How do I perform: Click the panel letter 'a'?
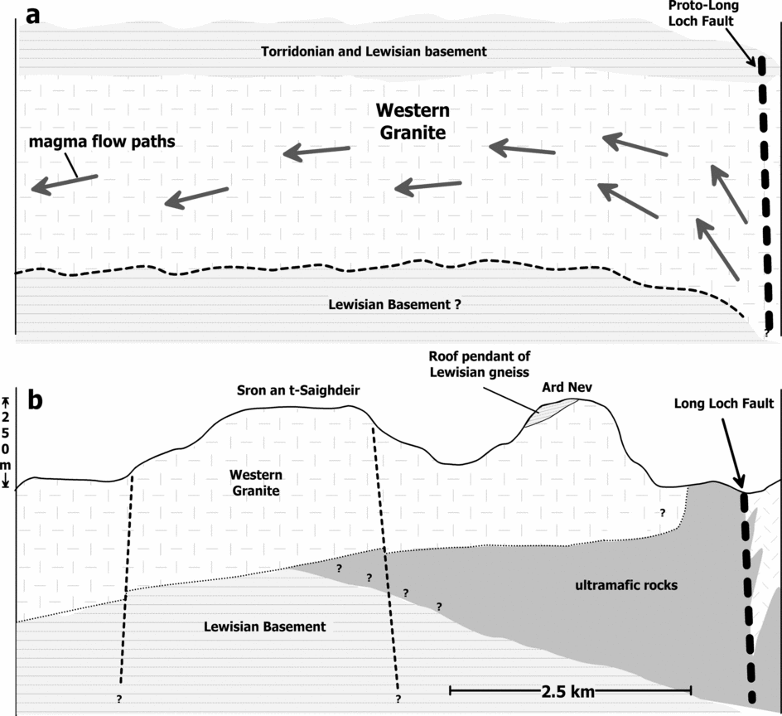pyautogui.click(x=35, y=16)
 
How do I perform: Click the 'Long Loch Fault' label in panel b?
pyautogui.click(x=724, y=404)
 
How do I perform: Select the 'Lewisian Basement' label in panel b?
pyautogui.click(x=264, y=626)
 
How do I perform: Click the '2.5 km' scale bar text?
pyautogui.click(x=570, y=689)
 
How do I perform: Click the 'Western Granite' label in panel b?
pyautogui.click(x=256, y=483)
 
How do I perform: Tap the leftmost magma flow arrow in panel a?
pyautogui.click(x=63, y=184)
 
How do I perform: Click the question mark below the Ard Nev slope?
pyautogui.click(x=662, y=513)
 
